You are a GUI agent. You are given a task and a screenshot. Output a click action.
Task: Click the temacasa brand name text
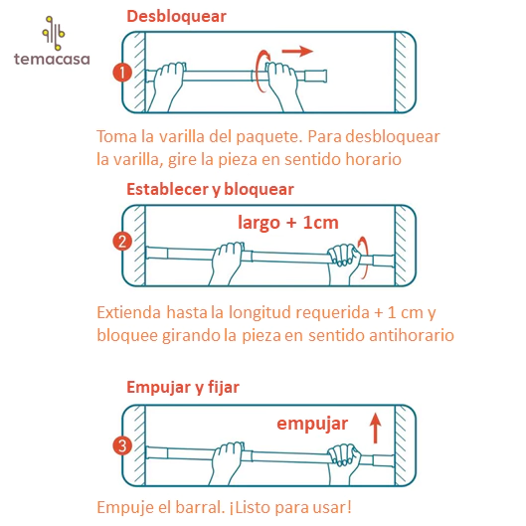(52, 59)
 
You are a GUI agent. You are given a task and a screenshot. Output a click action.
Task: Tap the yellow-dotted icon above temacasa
(54, 33)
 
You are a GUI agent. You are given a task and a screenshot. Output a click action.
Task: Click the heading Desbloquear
(176, 16)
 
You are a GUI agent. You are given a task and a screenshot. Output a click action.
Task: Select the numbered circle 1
(122, 73)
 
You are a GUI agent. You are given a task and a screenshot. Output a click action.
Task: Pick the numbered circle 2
(122, 242)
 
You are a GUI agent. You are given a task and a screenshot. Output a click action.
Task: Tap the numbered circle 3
(122, 445)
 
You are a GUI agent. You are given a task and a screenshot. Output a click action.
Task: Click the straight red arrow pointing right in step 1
(297, 51)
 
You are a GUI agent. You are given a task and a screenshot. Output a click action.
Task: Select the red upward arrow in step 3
(376, 429)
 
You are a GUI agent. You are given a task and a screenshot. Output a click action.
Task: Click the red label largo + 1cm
(288, 223)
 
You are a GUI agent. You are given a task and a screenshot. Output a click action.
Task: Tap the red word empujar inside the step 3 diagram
(312, 424)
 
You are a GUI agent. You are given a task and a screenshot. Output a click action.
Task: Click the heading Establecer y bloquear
(211, 190)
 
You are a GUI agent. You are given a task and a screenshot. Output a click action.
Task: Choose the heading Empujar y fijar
(183, 388)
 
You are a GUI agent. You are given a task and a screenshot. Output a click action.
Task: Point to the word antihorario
(412, 335)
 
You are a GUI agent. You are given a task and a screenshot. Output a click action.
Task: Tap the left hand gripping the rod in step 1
(168, 86)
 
